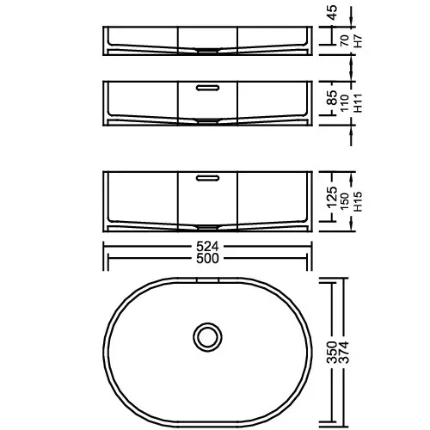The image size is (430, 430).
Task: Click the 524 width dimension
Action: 207,246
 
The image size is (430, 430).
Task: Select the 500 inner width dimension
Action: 207,258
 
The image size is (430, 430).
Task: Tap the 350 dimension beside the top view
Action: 332,353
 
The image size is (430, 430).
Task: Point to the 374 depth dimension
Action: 344,353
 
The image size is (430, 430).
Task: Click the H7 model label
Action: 359,41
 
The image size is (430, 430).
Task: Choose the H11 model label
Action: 359,103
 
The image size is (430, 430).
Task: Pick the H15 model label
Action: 359,201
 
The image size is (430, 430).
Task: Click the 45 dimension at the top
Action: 333,13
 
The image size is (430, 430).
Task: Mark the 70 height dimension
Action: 345,40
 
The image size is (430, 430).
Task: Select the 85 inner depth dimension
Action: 333,98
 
